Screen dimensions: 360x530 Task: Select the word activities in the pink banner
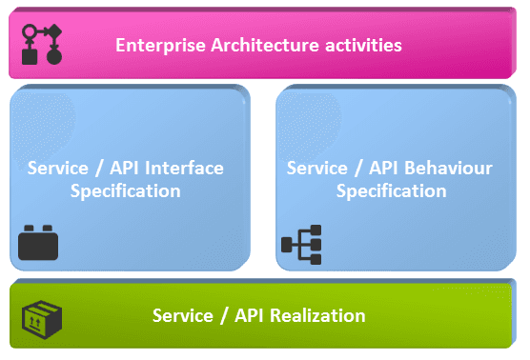point(358,45)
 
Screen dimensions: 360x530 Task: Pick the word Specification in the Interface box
point(125,190)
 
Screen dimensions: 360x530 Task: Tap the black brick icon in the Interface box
point(39,243)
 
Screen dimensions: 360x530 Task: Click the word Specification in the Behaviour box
point(391,190)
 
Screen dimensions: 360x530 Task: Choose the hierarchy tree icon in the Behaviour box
point(301,245)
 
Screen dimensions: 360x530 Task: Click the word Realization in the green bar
point(315,315)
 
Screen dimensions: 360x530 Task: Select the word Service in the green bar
point(182,315)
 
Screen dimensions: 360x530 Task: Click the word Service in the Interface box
point(58,169)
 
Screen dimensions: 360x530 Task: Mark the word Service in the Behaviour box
point(316,169)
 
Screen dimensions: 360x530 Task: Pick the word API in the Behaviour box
point(382,169)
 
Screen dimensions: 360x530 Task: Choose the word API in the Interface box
point(124,169)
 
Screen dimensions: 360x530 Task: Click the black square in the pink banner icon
point(30,56)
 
